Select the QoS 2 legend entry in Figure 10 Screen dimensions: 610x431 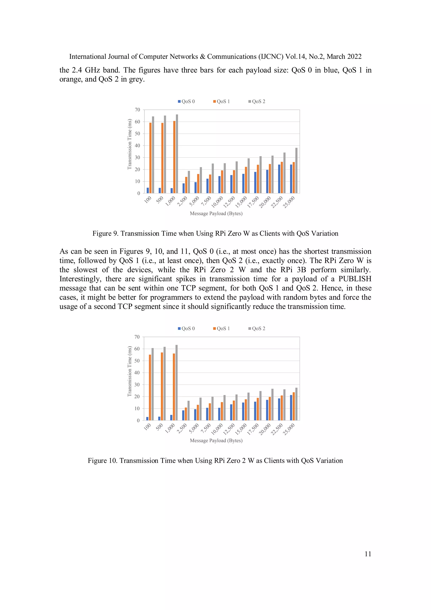(x=257, y=328)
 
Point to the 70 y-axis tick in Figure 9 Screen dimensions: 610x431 (x=137, y=110)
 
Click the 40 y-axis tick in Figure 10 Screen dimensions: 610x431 (x=137, y=372)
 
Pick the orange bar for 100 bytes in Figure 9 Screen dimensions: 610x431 (x=150, y=158)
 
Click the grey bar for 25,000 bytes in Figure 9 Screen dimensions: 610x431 (x=296, y=170)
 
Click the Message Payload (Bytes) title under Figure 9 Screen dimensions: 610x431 (x=216, y=213)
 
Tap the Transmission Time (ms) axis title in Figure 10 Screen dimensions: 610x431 (x=130, y=371)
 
